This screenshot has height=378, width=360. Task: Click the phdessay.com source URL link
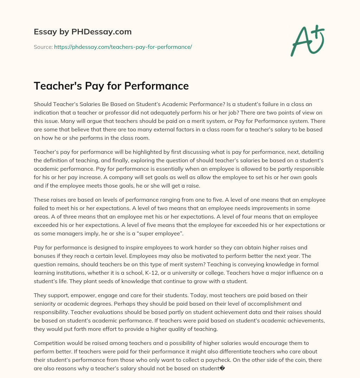123,47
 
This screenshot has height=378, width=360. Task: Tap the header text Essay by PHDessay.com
83,32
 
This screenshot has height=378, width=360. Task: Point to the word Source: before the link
43,47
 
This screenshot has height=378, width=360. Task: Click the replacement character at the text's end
222,369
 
